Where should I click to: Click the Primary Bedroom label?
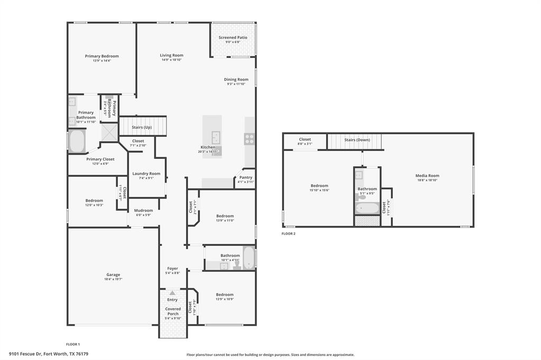[102, 56]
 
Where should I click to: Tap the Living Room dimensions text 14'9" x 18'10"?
[172, 60]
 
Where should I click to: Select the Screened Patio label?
[233, 37]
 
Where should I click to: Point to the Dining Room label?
[236, 79]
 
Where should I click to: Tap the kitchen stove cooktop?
[249, 139]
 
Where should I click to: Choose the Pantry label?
[246, 177]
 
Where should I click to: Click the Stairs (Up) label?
[142, 127]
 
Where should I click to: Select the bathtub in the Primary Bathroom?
[77, 141]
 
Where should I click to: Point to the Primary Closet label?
[100, 159]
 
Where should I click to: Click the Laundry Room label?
[146, 174]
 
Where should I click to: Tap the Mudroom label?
[143, 210]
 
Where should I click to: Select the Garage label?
[113, 274]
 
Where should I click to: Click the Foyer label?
[173, 268]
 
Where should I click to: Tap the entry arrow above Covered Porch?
[173, 292]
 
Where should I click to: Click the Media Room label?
[427, 176]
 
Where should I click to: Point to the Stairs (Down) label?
[357, 140]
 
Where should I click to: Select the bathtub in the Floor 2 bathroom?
[367, 208]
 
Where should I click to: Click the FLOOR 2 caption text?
[288, 233]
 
